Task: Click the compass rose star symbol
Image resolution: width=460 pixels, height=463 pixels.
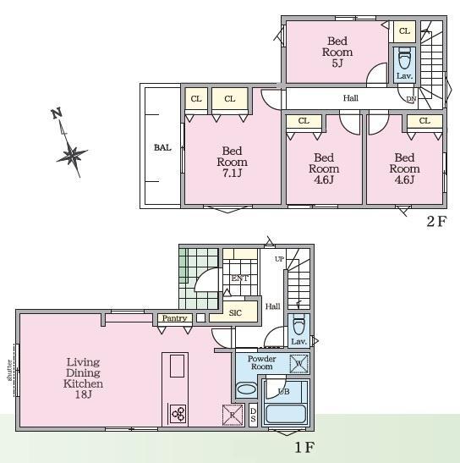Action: [72, 154]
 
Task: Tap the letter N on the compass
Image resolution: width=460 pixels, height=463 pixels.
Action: [57, 113]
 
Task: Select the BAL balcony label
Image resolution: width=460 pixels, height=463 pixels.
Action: [162, 147]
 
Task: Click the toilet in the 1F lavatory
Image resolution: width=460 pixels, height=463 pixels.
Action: [298, 324]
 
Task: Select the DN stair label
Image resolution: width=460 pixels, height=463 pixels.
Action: [411, 100]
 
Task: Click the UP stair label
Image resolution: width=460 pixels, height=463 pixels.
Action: [279, 259]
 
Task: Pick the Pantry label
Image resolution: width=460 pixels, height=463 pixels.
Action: [175, 318]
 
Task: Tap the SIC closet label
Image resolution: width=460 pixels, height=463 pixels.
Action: [235, 312]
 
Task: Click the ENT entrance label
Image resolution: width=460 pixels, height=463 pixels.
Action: [239, 278]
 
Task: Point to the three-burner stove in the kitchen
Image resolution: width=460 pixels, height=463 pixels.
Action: [178, 413]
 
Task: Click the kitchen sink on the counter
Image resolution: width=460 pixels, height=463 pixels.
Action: [177, 366]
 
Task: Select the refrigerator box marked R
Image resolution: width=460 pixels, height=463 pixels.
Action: [233, 415]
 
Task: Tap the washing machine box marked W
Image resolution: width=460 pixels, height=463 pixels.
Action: [298, 363]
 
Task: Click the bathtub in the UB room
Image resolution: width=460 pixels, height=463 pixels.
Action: [286, 414]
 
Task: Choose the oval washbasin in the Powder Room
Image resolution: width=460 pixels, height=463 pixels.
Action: [247, 389]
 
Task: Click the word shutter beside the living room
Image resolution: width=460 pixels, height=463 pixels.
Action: [10, 370]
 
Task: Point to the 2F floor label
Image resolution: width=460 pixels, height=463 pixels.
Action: [436, 221]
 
